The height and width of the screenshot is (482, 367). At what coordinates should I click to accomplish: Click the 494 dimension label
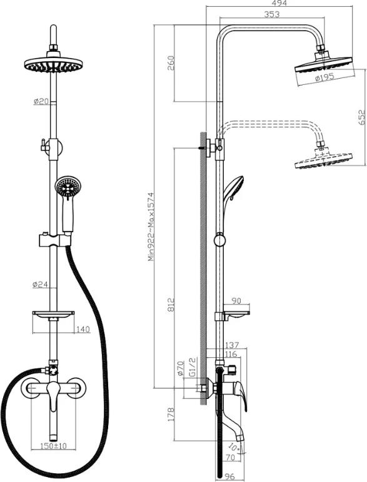coord(279,3)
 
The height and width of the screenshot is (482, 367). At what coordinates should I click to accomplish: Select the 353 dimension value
coord(272,14)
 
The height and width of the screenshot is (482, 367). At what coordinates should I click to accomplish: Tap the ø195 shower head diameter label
coord(324,77)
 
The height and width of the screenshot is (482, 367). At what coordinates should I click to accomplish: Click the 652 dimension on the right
coord(362,117)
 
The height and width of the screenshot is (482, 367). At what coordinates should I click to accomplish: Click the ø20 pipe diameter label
coord(41,101)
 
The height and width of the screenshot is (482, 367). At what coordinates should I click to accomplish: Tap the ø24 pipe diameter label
coord(41,284)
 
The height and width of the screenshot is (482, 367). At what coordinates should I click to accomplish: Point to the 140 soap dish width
coord(83,330)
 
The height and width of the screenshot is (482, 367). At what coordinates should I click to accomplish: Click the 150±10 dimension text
coord(54,446)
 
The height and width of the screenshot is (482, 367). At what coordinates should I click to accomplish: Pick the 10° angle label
coord(234,446)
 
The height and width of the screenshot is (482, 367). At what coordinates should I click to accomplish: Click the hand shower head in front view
coord(66,187)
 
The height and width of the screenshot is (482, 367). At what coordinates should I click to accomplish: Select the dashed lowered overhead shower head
coord(323,160)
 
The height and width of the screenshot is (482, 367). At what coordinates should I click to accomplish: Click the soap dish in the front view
coord(53,314)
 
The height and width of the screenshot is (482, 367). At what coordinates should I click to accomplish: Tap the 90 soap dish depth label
coord(236,301)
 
